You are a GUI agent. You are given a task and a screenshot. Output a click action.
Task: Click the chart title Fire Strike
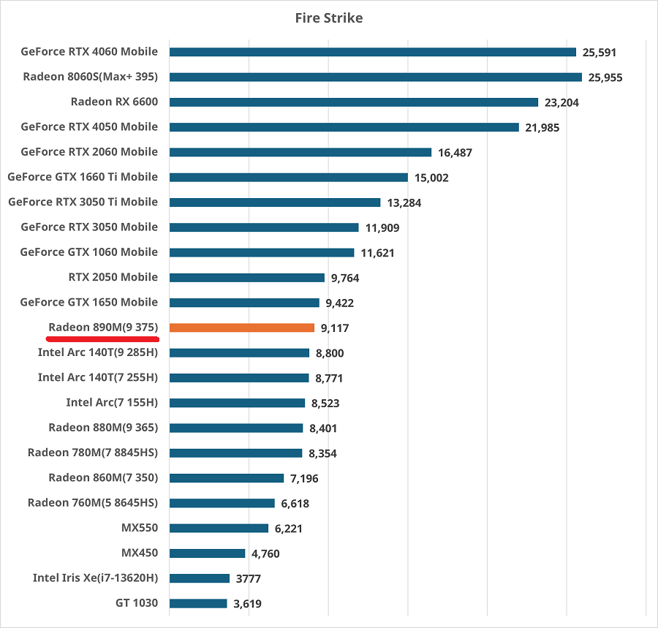328,18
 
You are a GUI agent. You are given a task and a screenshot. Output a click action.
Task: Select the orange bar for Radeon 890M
242,328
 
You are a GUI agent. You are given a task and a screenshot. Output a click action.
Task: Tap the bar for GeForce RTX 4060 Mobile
373,52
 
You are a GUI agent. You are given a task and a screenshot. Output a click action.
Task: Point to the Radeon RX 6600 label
114,102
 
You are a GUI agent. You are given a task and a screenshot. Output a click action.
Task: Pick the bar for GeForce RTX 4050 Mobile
344,127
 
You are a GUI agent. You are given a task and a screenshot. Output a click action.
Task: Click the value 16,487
455,153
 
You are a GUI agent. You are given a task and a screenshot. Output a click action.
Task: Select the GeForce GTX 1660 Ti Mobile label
83,177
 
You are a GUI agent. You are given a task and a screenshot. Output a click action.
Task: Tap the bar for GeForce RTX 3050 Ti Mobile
275,203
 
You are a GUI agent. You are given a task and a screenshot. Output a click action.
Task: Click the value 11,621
377,252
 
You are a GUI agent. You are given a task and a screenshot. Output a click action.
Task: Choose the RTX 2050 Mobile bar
247,278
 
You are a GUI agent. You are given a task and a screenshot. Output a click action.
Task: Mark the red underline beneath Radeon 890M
102,340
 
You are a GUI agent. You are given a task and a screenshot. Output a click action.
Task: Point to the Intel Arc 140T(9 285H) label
98,352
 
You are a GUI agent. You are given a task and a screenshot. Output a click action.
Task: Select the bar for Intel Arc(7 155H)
237,403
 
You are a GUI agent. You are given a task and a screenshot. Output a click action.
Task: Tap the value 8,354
322,453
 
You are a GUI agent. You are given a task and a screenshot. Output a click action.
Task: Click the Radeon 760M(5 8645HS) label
93,503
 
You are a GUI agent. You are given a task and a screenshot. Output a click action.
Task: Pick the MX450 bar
207,553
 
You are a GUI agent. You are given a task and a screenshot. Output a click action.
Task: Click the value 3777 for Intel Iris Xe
249,579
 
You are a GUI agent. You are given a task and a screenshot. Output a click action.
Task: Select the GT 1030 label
136,603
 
